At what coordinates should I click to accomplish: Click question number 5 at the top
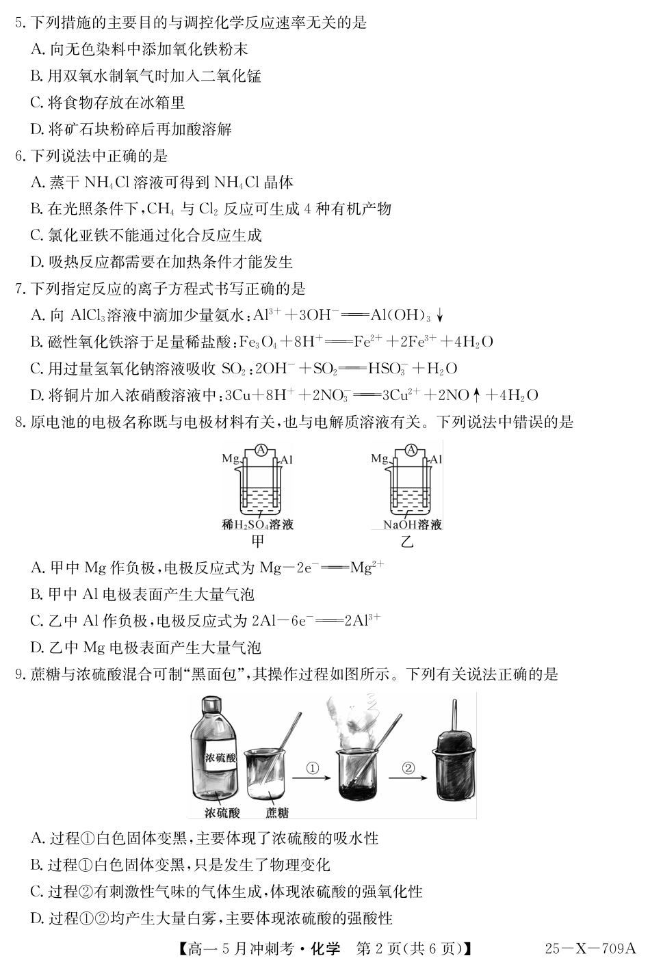tap(18, 23)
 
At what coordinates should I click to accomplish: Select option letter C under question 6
tap(37, 235)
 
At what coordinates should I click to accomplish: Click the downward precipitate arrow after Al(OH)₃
tap(440, 315)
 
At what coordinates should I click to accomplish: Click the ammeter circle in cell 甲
tap(260, 449)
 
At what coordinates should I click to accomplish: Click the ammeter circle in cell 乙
tap(411, 449)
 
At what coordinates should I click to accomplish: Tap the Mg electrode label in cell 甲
tap(231, 459)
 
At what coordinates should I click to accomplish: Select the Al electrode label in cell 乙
tap(436, 459)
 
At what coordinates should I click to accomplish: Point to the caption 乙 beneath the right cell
tap(408, 543)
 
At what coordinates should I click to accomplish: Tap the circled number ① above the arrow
tap(313, 768)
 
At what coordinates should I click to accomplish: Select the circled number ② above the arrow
tap(408, 768)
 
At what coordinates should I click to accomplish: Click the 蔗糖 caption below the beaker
tap(276, 812)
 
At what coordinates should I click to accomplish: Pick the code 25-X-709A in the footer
tap(590, 948)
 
